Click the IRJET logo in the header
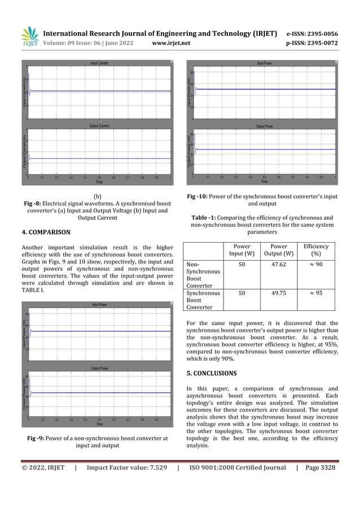29,37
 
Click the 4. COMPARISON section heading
46,232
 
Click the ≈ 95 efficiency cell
315,293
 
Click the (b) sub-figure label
98,196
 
